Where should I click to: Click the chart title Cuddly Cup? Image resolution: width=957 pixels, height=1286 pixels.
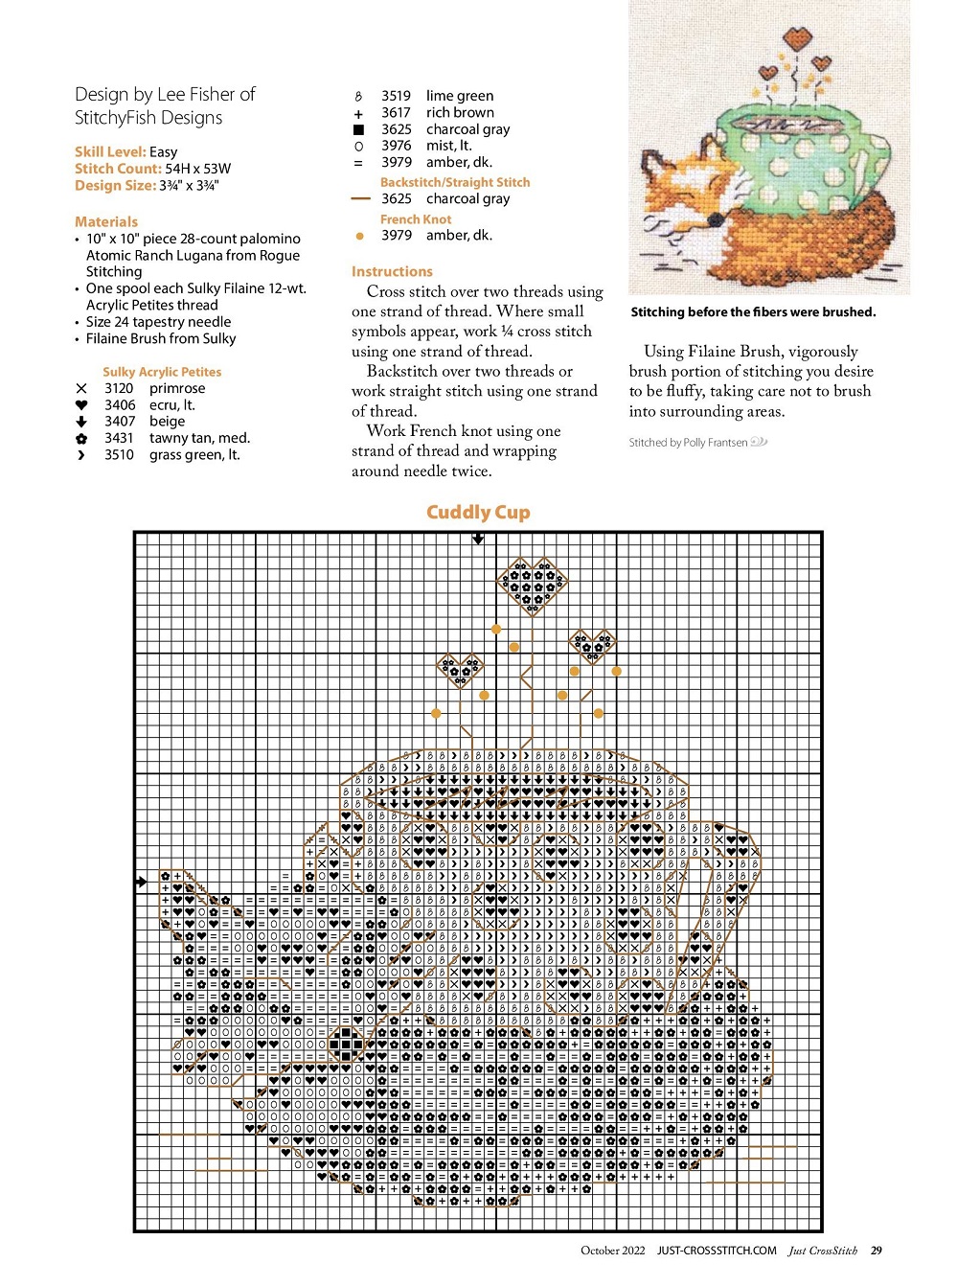[x=478, y=512]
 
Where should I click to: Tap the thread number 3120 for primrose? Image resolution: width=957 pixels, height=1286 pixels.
[x=119, y=388]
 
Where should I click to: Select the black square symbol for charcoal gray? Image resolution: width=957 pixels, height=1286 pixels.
[x=359, y=129]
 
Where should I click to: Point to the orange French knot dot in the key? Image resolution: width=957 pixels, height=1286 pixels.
[x=359, y=236]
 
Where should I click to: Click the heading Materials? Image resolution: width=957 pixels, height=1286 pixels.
[x=106, y=221]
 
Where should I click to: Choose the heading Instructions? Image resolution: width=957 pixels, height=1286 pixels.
[x=392, y=271]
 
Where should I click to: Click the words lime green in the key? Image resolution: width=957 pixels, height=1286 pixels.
[x=460, y=96]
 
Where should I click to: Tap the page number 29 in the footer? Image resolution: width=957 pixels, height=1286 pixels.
[x=877, y=1251]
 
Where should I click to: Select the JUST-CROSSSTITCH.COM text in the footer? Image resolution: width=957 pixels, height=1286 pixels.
[x=717, y=1251]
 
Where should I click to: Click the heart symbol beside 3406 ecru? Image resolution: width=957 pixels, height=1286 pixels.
[x=81, y=405]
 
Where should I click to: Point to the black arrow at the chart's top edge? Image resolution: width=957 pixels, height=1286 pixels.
[x=478, y=539]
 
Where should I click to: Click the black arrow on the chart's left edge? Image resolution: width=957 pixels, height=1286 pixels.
[x=142, y=882]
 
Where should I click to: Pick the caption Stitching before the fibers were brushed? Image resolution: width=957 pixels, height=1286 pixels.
[x=753, y=311]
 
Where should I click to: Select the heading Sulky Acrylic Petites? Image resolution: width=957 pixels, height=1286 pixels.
[x=162, y=372]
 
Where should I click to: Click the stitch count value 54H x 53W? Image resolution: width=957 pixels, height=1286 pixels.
[x=198, y=169]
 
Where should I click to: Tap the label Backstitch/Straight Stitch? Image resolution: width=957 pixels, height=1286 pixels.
[x=454, y=182]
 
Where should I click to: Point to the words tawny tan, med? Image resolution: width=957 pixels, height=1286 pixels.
[x=199, y=438]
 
